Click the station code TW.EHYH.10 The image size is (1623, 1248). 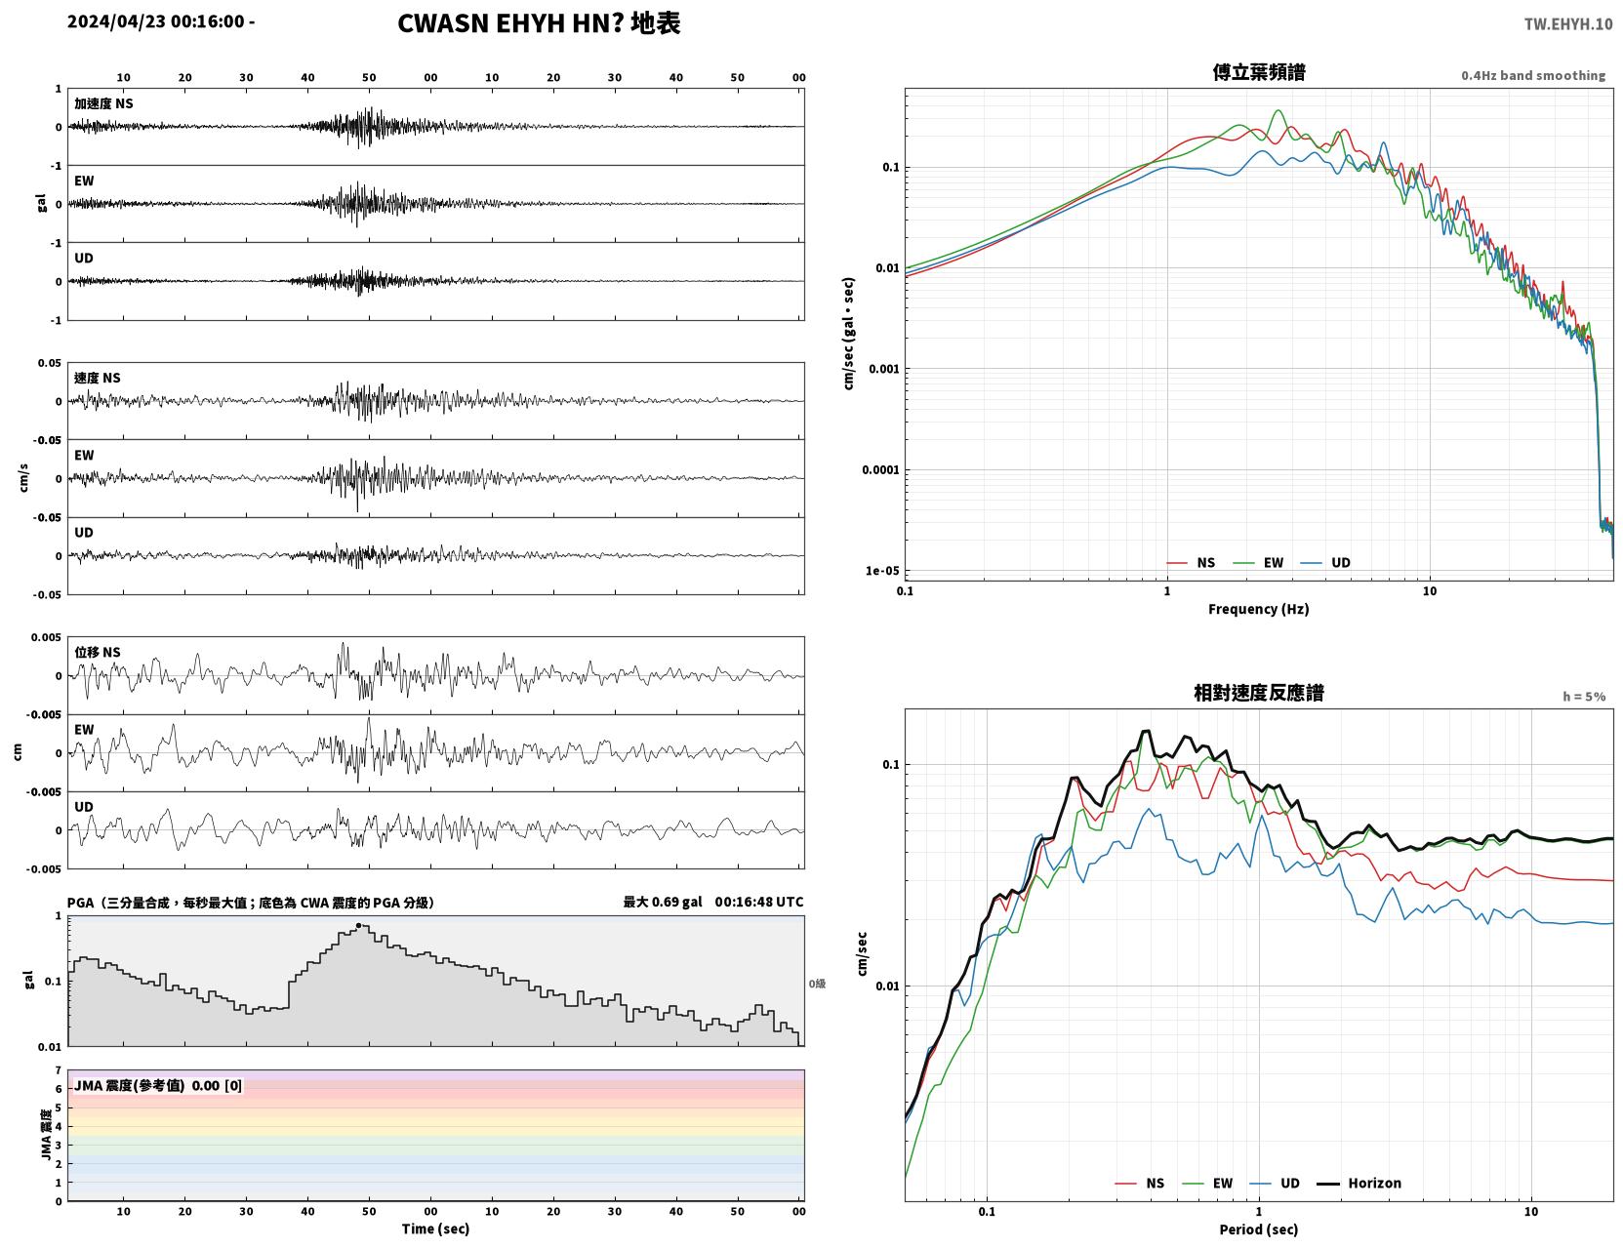click(x=1567, y=23)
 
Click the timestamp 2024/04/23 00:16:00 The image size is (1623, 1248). click(x=155, y=20)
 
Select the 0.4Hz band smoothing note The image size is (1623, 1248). click(x=1532, y=75)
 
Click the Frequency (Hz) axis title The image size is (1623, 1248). click(x=1258, y=609)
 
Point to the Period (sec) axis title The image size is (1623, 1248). click(x=1258, y=1228)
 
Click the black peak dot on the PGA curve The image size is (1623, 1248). click(x=358, y=926)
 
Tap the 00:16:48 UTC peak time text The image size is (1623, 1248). click(x=759, y=902)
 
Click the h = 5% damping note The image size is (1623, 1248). click(x=1583, y=697)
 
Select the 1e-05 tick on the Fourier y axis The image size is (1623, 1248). click(x=882, y=571)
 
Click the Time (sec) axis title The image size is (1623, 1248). click(x=435, y=1228)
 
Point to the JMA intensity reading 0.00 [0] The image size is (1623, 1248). click(x=217, y=1085)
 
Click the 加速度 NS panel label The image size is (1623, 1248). click(x=103, y=103)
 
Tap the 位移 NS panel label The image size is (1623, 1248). click(x=97, y=653)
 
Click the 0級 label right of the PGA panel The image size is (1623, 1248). click(x=817, y=984)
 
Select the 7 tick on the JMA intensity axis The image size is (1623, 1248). click(x=59, y=1070)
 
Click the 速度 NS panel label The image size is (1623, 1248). click(x=97, y=378)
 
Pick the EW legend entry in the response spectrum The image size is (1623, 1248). click(x=1207, y=1183)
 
